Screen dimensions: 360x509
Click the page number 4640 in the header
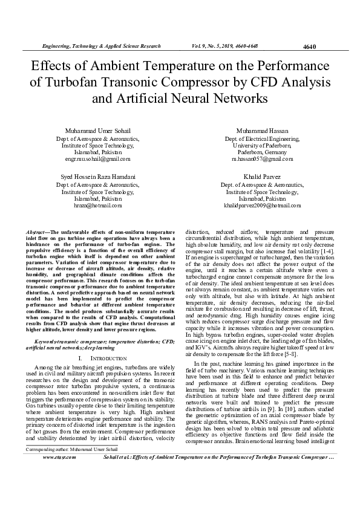[309, 47]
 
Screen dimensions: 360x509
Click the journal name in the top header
[101, 46]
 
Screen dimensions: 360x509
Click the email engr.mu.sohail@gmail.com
[97, 160]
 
